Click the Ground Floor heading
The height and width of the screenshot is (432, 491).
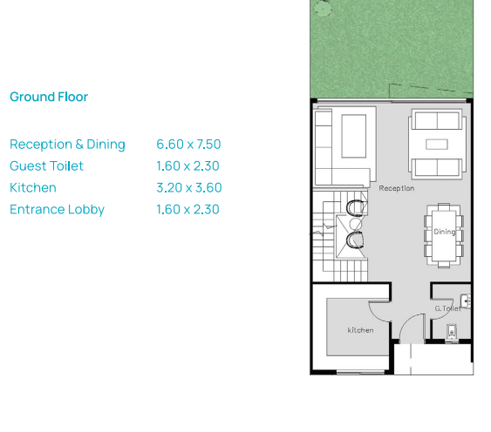pyautogui.click(x=49, y=97)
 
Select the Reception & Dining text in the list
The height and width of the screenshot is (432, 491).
pyautogui.click(x=67, y=145)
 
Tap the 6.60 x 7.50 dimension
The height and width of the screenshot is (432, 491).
pyautogui.click(x=188, y=145)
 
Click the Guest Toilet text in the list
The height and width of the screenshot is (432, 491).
pyautogui.click(x=46, y=165)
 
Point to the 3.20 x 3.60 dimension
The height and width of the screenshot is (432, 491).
pyautogui.click(x=189, y=187)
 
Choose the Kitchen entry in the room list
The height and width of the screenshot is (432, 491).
pyautogui.click(x=33, y=187)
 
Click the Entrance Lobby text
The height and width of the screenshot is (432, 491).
pyautogui.click(x=57, y=210)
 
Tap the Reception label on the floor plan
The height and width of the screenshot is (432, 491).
pyautogui.click(x=397, y=188)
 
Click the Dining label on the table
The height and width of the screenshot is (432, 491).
pyautogui.click(x=445, y=232)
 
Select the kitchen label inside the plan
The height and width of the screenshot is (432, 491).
pyautogui.click(x=360, y=330)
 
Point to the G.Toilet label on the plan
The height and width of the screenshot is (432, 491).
pyautogui.click(x=448, y=308)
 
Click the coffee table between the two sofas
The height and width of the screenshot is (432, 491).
pyautogui.click(x=437, y=145)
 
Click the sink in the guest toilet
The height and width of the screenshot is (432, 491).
pyautogui.click(x=466, y=301)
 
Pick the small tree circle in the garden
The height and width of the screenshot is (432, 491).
pyautogui.click(x=323, y=8)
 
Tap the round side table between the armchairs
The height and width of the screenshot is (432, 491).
pyautogui.click(x=356, y=224)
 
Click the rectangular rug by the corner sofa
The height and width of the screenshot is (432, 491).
pyautogui.click(x=354, y=136)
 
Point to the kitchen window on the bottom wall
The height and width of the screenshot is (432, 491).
pyautogui.click(x=360, y=372)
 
